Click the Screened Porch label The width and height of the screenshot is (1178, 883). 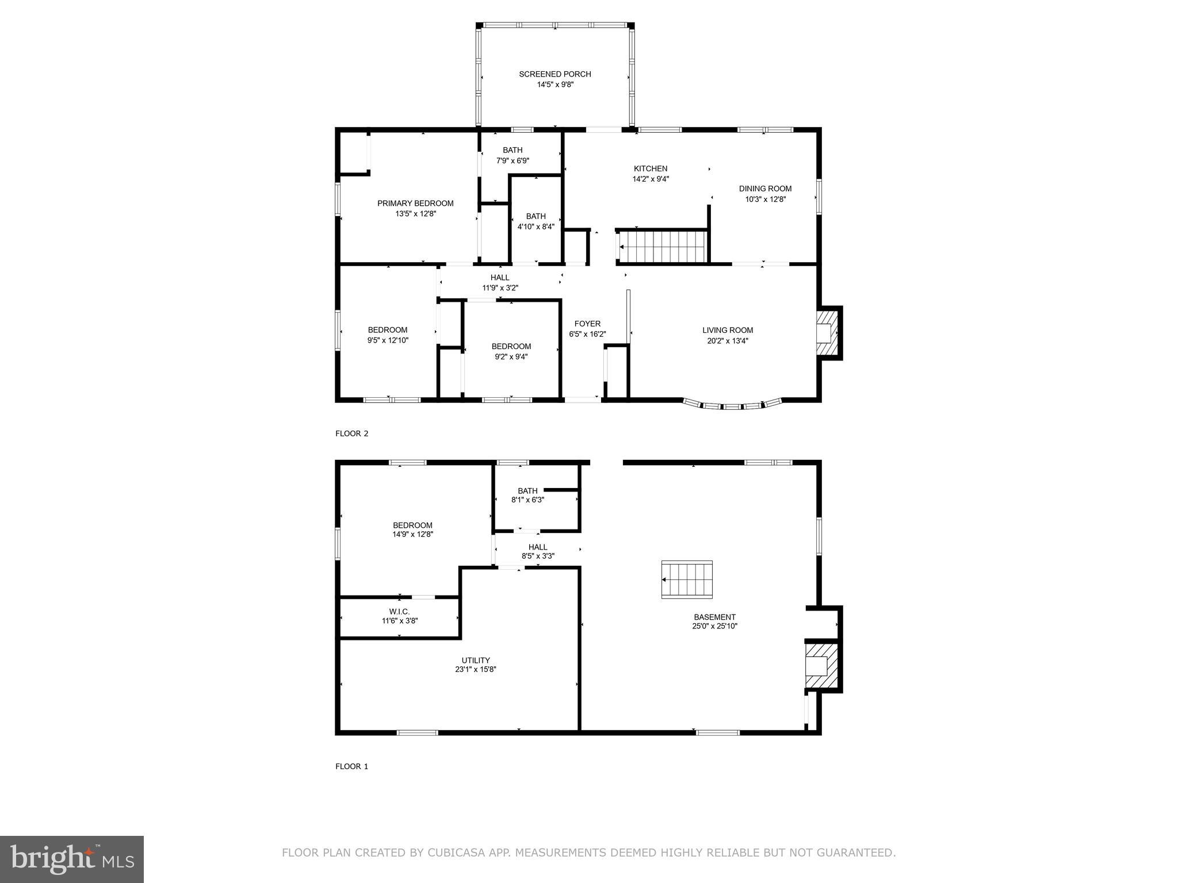tap(554, 74)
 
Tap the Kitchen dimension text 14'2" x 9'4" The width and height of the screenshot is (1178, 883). tap(651, 179)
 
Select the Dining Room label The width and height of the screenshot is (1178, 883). tap(765, 189)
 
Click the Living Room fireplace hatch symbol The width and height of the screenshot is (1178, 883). tap(827, 333)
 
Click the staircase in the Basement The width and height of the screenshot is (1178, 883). tap(687, 579)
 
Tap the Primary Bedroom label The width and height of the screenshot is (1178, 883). tap(415, 204)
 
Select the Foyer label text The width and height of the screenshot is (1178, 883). tap(587, 324)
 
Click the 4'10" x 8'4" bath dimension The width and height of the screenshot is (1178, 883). tap(536, 226)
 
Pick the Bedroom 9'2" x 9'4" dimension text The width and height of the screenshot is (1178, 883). tap(511, 356)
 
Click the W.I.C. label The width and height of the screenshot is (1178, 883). tap(399, 612)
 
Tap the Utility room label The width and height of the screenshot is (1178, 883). tap(476, 660)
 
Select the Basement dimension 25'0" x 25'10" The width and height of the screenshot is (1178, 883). tap(714, 626)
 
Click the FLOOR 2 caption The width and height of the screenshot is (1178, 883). tap(351, 433)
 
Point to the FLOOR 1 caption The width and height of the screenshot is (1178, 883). tap(351, 766)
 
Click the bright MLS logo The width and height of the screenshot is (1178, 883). tap(71, 859)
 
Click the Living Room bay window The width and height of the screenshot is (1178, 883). tap(732, 406)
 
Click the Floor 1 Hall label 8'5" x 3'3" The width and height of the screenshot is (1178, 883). tap(538, 556)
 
